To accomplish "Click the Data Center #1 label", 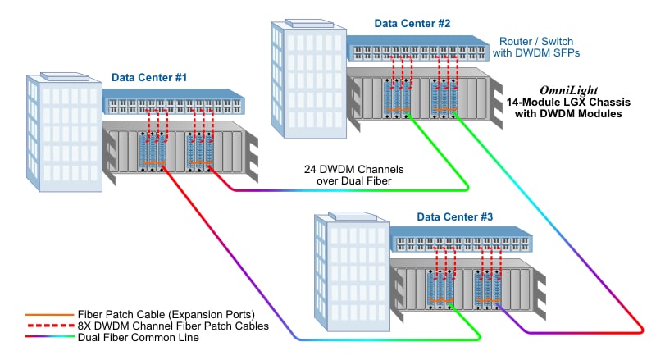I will click(x=150, y=78).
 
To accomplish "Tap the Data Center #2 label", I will click(x=413, y=23).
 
